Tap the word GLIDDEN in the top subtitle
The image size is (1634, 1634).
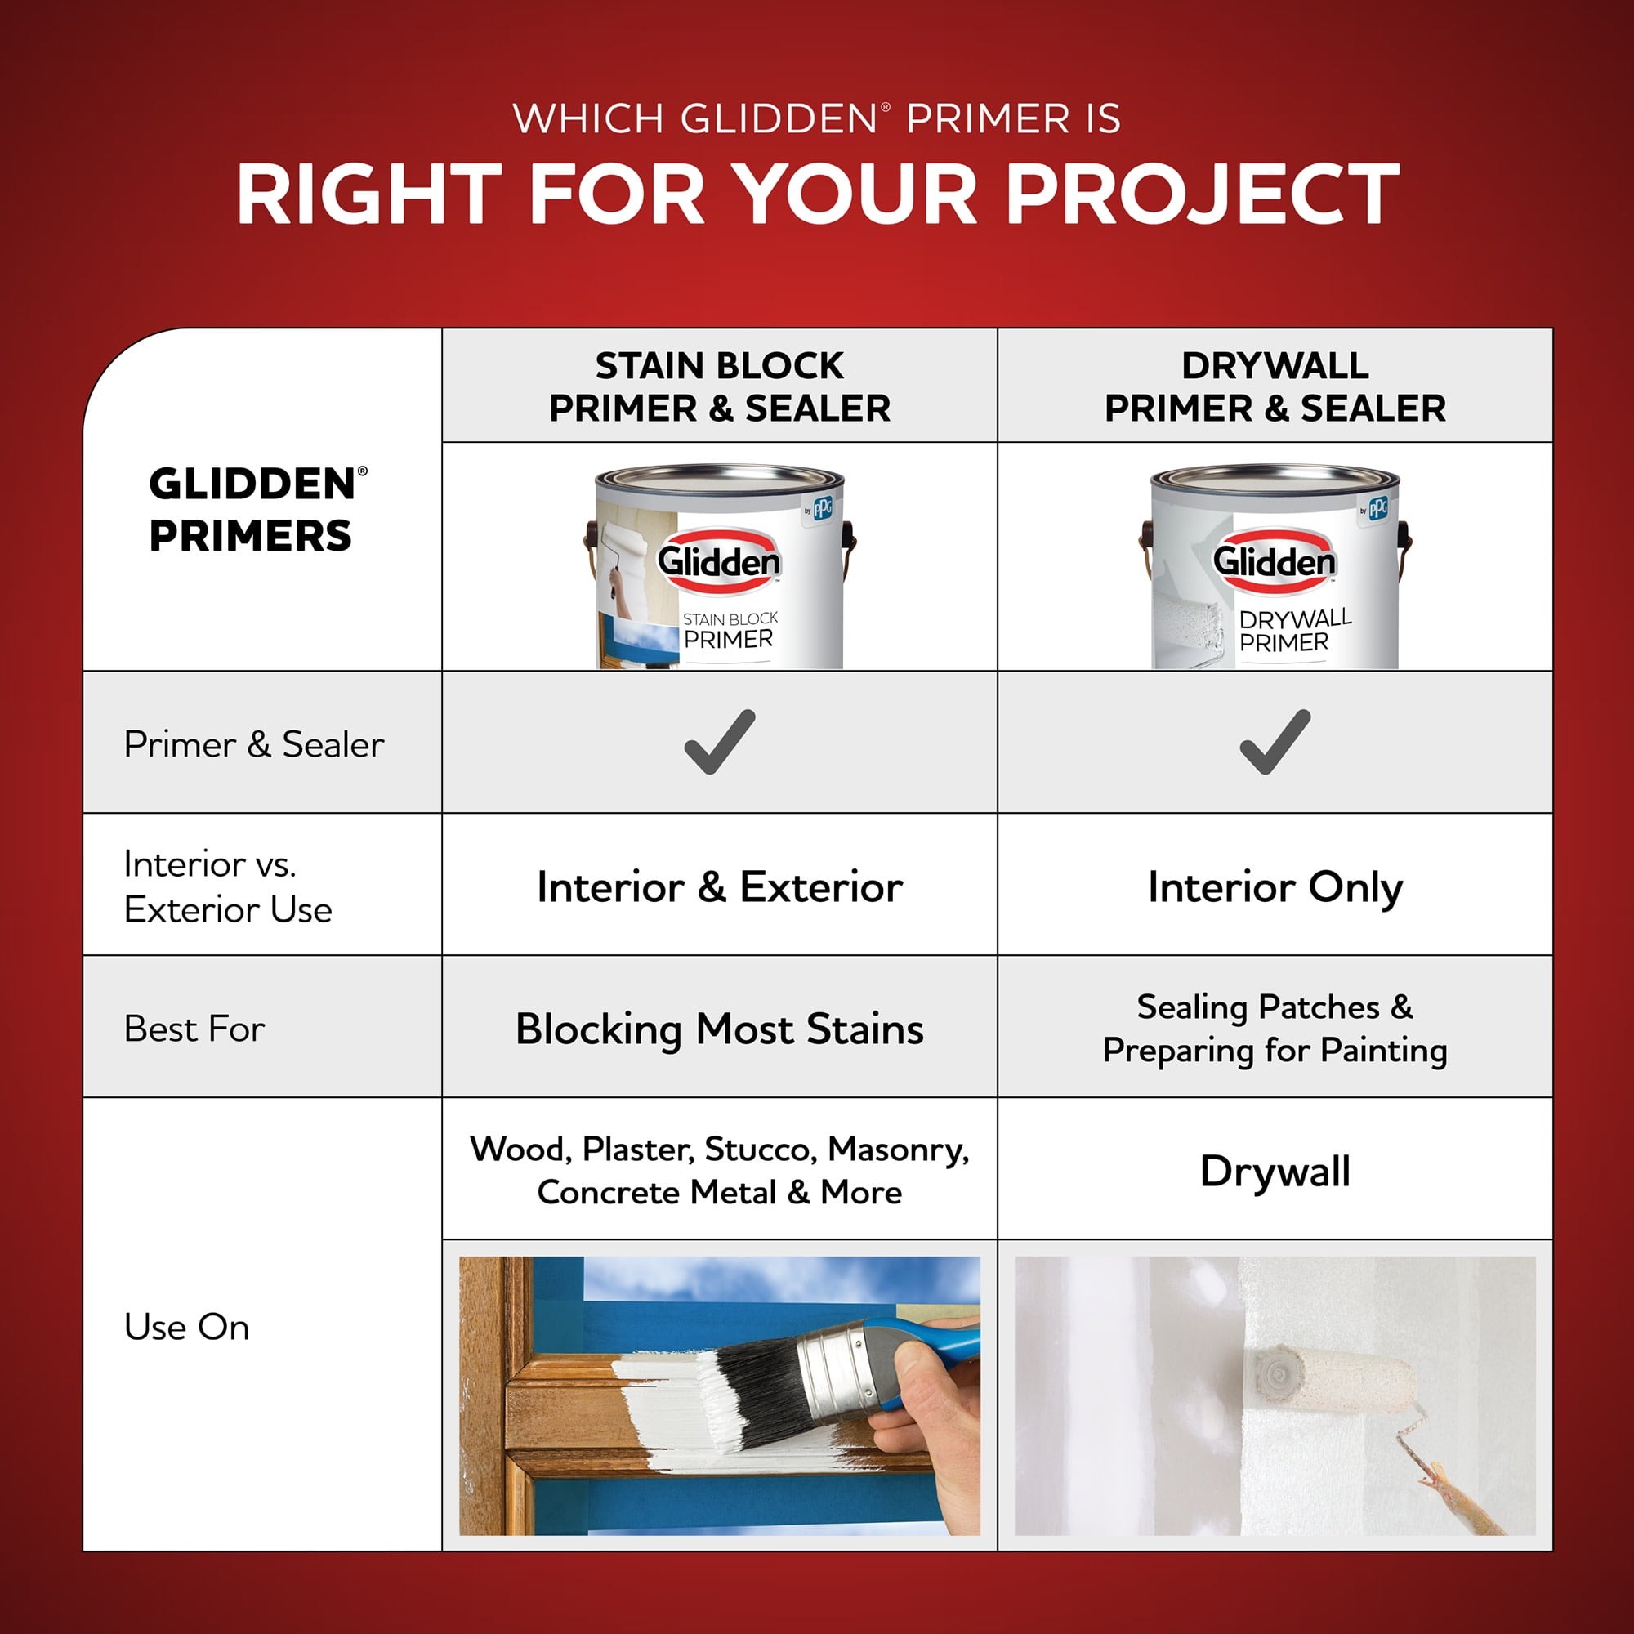(778, 118)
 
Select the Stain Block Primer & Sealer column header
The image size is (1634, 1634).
(720, 386)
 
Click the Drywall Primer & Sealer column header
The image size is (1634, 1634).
(1275, 386)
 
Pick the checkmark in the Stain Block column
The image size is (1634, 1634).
(720, 742)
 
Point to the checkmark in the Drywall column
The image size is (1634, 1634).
(1275, 742)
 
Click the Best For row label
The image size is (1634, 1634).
(194, 1029)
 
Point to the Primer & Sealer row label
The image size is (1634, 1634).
(254, 744)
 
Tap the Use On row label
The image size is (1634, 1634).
(187, 1327)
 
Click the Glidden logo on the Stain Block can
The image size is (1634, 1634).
(719, 560)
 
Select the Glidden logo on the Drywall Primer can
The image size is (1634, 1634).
(1275, 560)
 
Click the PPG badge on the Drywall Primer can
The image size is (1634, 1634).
(1374, 508)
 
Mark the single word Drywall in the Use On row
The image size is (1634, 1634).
(1275, 1172)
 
